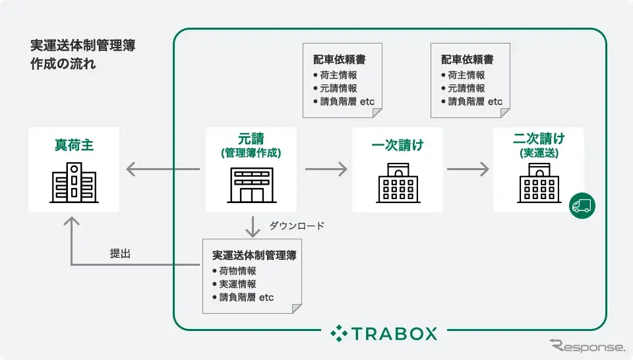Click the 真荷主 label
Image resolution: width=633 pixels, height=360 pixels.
(x=74, y=145)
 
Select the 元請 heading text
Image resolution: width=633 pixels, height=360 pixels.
(x=251, y=139)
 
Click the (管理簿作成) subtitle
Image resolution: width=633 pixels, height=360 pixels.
(x=251, y=153)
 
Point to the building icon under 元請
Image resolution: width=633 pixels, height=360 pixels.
(x=251, y=185)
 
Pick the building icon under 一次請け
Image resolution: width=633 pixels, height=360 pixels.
(x=397, y=183)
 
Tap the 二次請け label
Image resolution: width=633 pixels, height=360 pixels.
(x=539, y=139)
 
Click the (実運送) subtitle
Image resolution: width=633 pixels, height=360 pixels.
(x=539, y=153)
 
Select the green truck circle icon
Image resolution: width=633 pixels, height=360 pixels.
(x=582, y=205)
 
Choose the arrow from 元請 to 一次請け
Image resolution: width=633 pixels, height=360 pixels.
(x=326, y=169)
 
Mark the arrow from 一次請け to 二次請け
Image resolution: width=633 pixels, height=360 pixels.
(x=467, y=169)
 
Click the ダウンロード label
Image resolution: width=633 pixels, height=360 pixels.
(x=297, y=226)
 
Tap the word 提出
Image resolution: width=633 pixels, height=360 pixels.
(x=120, y=253)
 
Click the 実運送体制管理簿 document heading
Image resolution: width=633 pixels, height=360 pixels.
(x=254, y=255)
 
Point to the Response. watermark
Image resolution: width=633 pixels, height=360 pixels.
(x=586, y=346)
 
